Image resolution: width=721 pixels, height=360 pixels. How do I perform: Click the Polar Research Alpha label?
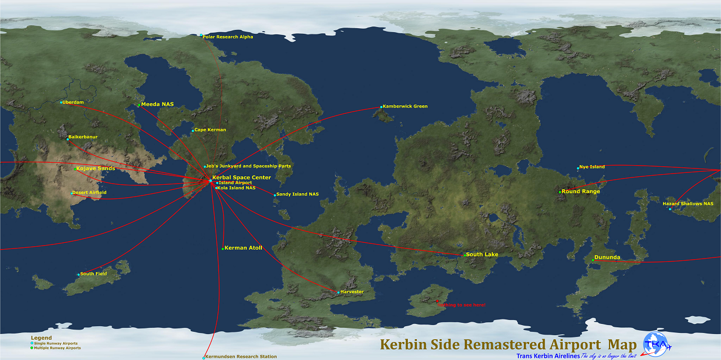tap(228, 37)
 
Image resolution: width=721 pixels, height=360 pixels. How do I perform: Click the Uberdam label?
tap(73, 102)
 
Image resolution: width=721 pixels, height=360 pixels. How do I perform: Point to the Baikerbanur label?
tap(83, 136)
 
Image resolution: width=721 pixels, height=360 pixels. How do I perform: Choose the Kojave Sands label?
tap(96, 168)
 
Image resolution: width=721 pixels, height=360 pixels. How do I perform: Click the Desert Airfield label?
tap(90, 192)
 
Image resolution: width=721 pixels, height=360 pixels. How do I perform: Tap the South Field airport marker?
tap(78, 275)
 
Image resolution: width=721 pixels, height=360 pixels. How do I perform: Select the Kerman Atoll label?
tap(243, 248)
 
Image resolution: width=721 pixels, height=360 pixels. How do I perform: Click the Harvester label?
tap(352, 291)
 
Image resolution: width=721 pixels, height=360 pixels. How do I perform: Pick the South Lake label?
tap(482, 255)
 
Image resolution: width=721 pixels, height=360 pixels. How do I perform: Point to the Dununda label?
tap(607, 257)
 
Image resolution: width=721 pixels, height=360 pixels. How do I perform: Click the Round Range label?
tap(581, 192)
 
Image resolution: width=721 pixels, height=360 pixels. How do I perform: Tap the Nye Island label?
tap(592, 167)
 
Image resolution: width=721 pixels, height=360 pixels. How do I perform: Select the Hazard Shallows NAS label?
tap(688, 203)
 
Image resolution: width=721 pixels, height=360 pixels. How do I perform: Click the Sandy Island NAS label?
tap(297, 194)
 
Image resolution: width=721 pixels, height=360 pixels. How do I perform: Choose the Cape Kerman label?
tap(210, 130)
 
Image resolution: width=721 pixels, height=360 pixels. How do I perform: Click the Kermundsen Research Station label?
tap(241, 356)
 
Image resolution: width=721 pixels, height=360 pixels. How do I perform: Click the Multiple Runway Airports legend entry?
tap(57, 348)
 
